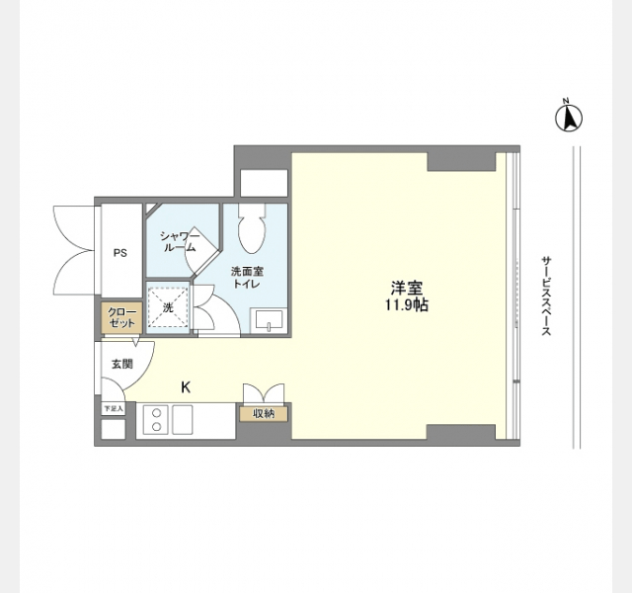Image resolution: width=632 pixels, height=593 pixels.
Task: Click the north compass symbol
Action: (569, 117)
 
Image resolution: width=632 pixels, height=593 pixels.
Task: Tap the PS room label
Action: (120, 253)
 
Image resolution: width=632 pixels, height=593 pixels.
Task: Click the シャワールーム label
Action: (180, 241)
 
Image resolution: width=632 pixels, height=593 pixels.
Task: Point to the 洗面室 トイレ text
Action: (247, 277)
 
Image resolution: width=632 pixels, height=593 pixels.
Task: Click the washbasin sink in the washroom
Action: (269, 320)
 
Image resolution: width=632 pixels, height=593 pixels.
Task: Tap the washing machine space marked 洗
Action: (168, 307)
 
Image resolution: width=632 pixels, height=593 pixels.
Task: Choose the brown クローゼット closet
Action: (121, 317)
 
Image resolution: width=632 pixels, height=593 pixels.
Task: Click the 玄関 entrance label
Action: (121, 364)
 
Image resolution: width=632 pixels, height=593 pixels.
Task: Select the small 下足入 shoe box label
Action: (114, 408)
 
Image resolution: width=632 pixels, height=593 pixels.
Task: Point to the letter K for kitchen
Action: (186, 387)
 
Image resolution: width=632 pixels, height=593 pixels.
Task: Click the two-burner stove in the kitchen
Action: (156, 420)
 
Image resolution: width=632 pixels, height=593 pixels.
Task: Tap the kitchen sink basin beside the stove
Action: (183, 420)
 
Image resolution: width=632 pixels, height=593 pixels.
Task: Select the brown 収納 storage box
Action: (264, 414)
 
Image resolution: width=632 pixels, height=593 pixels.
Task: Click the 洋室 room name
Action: (407, 288)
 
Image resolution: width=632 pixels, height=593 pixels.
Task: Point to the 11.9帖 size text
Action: (406, 305)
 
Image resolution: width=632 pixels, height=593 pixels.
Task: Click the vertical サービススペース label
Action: (546, 296)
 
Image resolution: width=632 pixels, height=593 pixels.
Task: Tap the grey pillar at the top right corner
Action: (461, 162)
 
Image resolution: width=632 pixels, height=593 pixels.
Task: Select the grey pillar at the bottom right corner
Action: (461, 432)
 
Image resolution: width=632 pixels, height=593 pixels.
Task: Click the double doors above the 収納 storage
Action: (264, 393)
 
